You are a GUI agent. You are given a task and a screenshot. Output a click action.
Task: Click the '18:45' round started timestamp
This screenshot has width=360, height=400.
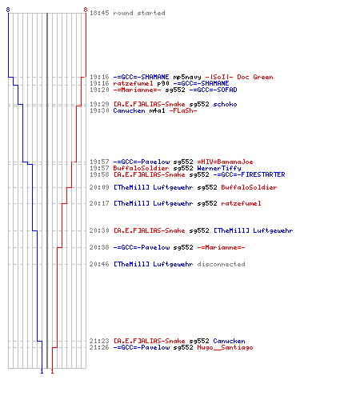pyautogui.click(x=99, y=13)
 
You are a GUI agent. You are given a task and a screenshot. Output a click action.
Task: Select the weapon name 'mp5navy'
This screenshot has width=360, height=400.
pyautogui.click(x=187, y=78)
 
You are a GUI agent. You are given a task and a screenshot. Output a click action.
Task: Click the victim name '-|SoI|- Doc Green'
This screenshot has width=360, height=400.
pyautogui.click(x=239, y=77)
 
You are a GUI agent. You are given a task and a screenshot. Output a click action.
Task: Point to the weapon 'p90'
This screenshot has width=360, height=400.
pyautogui.click(x=163, y=83)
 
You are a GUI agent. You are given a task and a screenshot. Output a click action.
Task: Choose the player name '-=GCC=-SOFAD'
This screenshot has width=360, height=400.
pyautogui.click(x=213, y=90)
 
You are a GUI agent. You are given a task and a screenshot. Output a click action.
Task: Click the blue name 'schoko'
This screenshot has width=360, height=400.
pyautogui.click(x=225, y=104)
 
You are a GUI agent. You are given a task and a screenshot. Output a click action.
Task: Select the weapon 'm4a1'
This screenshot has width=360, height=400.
pyautogui.click(x=157, y=110)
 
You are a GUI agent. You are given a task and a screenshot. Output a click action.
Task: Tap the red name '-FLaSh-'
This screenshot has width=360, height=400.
pyautogui.click(x=183, y=110)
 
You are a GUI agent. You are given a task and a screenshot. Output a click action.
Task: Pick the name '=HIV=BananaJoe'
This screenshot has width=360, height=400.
pyautogui.click(x=225, y=162)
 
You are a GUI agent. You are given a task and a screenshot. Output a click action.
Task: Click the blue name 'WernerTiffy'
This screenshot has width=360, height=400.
pyautogui.click(x=219, y=168)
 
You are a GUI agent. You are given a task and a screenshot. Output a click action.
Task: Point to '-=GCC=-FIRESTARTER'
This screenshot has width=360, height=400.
pyautogui.click(x=249, y=174)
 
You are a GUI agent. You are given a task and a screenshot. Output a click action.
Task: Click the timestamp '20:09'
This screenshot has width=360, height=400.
pyautogui.click(x=99, y=187)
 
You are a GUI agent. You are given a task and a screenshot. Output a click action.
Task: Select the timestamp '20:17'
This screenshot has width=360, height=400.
pyautogui.click(x=99, y=203)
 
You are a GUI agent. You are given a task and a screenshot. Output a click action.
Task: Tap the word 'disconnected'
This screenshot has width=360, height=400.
pyautogui.click(x=221, y=264)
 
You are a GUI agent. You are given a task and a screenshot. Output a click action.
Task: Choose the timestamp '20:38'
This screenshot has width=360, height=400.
pyautogui.click(x=99, y=247)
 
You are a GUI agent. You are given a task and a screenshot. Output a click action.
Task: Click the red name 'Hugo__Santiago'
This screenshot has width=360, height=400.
pyautogui.click(x=225, y=347)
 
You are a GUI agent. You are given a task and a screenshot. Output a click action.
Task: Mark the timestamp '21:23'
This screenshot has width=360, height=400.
pyautogui.click(x=99, y=341)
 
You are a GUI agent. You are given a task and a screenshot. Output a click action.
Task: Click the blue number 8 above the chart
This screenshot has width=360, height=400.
pyautogui.click(x=8, y=10)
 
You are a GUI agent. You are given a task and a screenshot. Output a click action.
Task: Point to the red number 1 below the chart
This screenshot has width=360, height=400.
pyautogui.click(x=52, y=371)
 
